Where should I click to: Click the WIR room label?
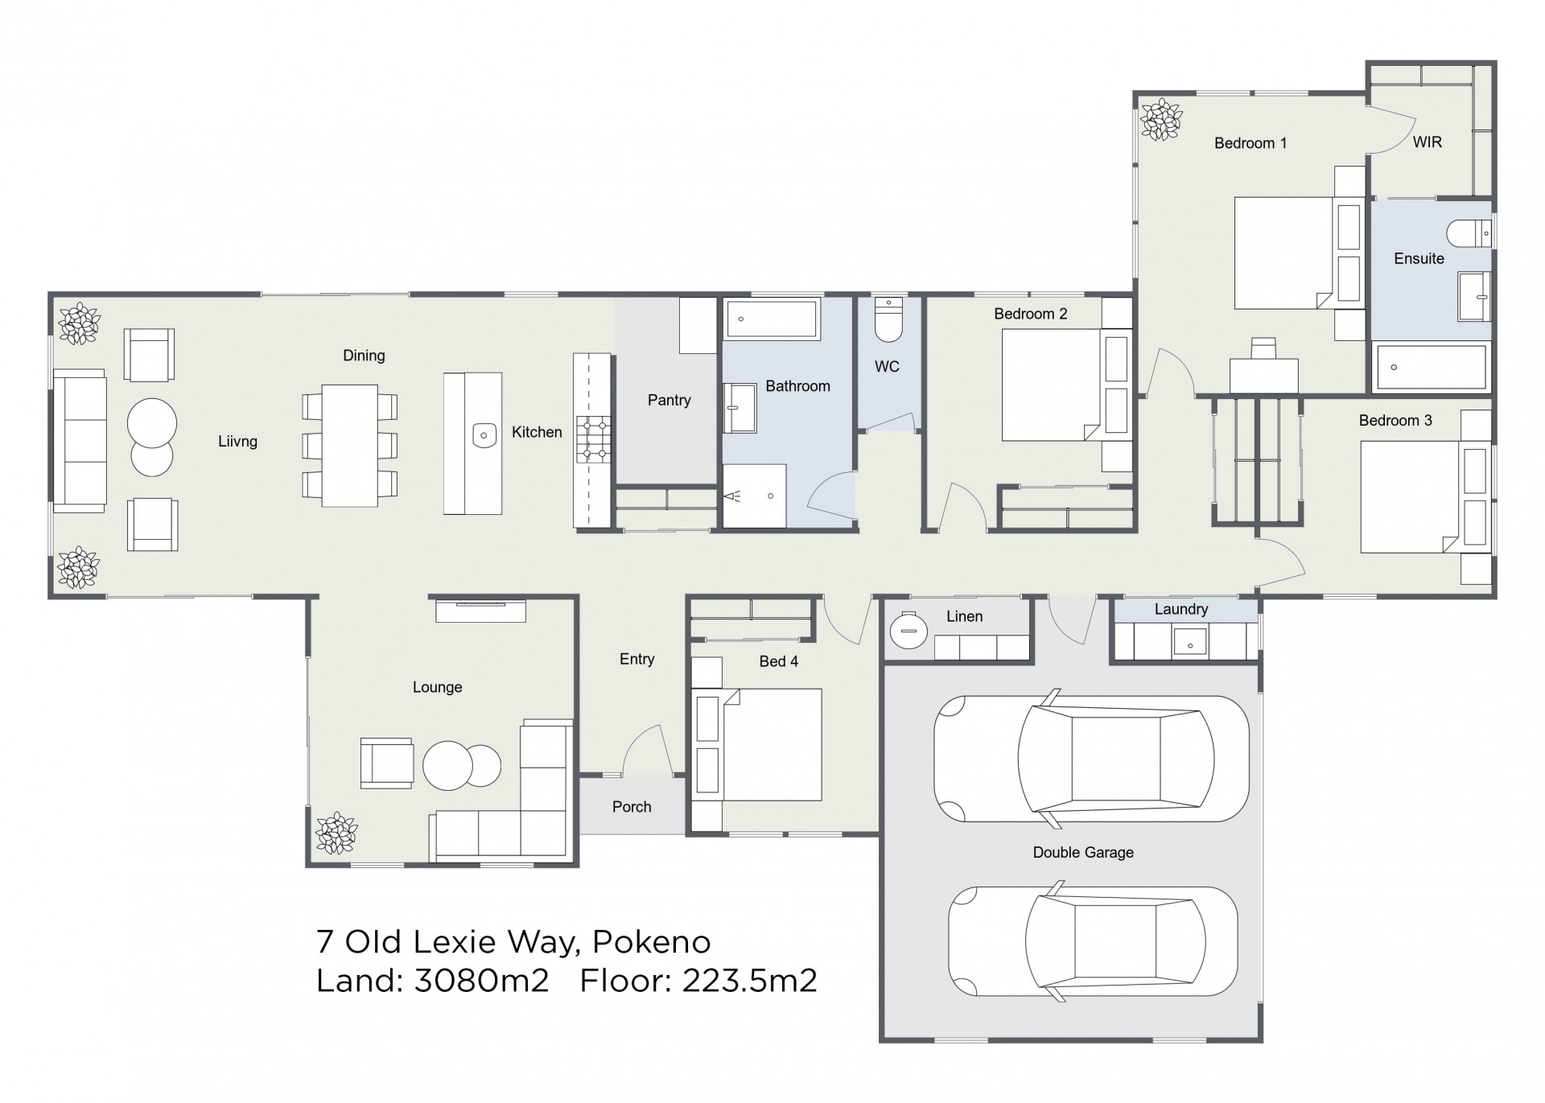point(1428,142)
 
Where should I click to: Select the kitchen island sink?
point(484,435)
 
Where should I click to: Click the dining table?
point(350,445)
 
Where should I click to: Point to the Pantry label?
point(669,400)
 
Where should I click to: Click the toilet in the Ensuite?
point(1469,233)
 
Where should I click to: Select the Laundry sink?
point(1189,642)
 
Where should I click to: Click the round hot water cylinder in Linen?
point(909,631)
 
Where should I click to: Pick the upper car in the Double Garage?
point(1091,759)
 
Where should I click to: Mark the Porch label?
point(632,807)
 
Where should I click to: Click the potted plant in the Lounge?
point(336,833)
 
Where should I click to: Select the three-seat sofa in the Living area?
point(80,441)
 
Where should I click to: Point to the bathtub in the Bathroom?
point(772,319)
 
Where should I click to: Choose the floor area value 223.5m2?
point(749,981)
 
